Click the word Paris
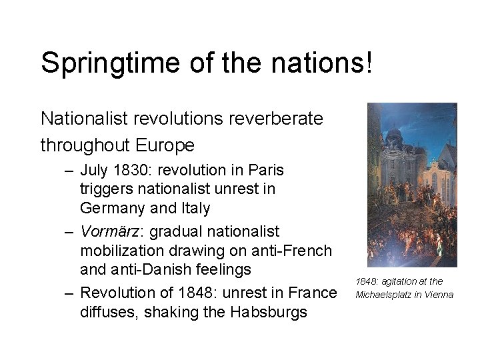[x=265, y=169]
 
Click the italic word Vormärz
[x=110, y=231]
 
